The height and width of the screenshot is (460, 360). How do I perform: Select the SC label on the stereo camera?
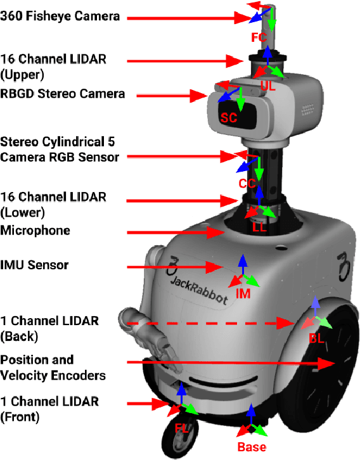[229, 117]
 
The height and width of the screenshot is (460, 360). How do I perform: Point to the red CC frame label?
[247, 184]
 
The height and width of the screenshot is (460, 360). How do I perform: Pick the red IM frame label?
[243, 294]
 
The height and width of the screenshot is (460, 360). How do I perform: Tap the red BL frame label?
[316, 339]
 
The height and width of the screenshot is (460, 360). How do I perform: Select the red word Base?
[252, 447]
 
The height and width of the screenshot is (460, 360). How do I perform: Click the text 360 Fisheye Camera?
[60, 16]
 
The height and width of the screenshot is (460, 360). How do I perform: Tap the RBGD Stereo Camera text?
[63, 94]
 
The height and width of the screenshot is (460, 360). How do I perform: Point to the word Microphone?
[35, 231]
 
